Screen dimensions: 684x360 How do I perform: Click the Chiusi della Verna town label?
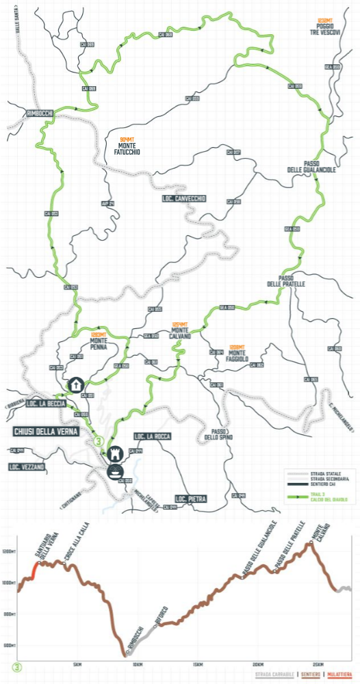46,432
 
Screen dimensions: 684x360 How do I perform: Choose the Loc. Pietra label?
191,499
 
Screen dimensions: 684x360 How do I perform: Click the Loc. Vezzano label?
27,466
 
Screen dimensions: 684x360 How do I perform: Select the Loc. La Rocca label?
153,436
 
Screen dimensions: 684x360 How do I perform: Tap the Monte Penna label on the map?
101,339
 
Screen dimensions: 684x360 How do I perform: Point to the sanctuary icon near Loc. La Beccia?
73,384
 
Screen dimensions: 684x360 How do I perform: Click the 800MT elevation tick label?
9,614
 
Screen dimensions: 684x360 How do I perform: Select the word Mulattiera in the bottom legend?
339,675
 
